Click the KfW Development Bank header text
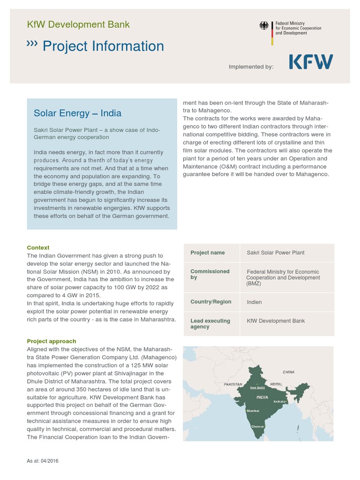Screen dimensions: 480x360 pyautogui.click(x=78, y=24)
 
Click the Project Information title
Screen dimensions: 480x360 pyautogui.click(x=103, y=46)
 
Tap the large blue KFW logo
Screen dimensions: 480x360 pyautogui.click(x=310, y=62)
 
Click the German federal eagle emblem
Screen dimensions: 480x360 pyautogui.click(x=264, y=26)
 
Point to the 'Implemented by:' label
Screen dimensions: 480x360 pyautogui.click(x=251, y=67)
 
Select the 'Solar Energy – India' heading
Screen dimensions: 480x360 pyautogui.click(x=77, y=113)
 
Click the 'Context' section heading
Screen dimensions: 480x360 pyautogui.click(x=38, y=247)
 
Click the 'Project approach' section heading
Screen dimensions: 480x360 pyautogui.click(x=51, y=341)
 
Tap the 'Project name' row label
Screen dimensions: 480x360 pyautogui.click(x=207, y=253)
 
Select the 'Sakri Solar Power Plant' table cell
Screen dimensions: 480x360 pyautogui.click(x=276, y=253)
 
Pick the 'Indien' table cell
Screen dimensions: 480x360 pyautogui.click(x=255, y=302)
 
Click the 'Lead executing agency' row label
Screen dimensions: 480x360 pyautogui.click(x=210, y=324)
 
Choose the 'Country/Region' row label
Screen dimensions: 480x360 pyautogui.click(x=210, y=302)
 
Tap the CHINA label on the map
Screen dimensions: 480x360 pyautogui.click(x=288, y=372)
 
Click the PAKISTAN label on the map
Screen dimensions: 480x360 pyautogui.click(x=233, y=384)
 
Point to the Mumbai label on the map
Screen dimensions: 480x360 pyautogui.click(x=253, y=411)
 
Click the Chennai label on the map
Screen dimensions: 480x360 pyautogui.click(x=258, y=427)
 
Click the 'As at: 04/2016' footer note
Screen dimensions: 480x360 pyautogui.click(x=43, y=461)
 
